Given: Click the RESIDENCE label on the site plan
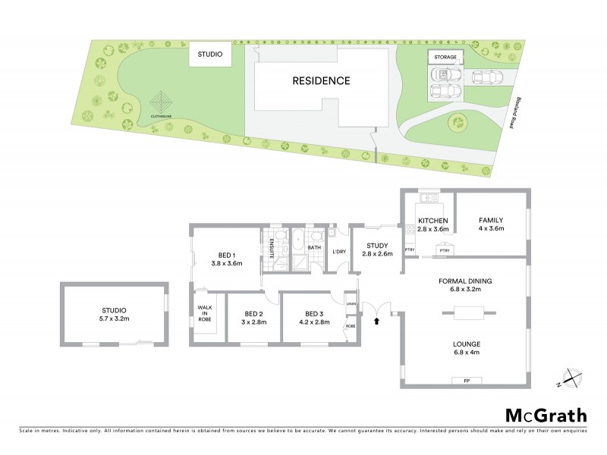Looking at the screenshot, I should (x=321, y=80).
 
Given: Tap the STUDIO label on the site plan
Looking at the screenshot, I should (x=210, y=55).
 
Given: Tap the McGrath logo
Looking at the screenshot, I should (x=545, y=415).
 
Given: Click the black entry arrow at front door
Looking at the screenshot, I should (x=377, y=322).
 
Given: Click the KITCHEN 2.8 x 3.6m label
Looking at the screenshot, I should (x=434, y=224).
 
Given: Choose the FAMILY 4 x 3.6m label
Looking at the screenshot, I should (x=491, y=224).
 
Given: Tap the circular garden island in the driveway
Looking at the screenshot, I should (x=458, y=121).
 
